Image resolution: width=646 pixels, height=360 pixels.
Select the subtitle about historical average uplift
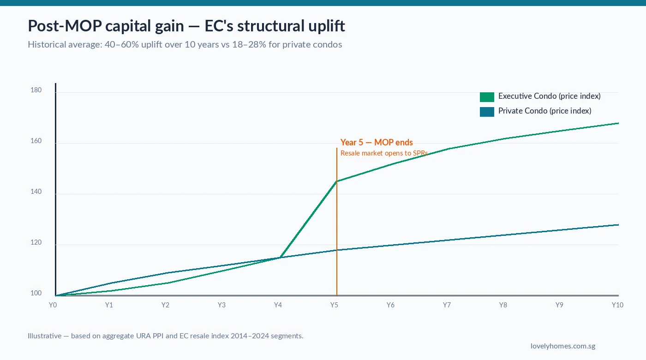point(185,45)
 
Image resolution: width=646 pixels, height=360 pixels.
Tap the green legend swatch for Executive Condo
point(487,96)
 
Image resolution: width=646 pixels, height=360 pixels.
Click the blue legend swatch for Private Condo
point(487,111)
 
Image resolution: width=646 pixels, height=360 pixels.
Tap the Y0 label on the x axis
point(53,305)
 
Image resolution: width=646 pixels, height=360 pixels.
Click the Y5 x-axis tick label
point(334,305)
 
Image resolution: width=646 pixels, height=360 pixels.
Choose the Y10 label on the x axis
point(617,305)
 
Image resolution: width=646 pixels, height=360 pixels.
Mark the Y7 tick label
point(447,305)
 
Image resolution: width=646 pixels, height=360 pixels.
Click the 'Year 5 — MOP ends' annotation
point(377,142)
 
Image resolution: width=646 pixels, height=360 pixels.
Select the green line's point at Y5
point(337,181)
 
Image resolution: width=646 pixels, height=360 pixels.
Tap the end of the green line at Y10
point(618,123)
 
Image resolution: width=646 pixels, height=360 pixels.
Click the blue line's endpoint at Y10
point(618,225)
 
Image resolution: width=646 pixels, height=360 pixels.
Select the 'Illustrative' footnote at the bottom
point(165,336)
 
